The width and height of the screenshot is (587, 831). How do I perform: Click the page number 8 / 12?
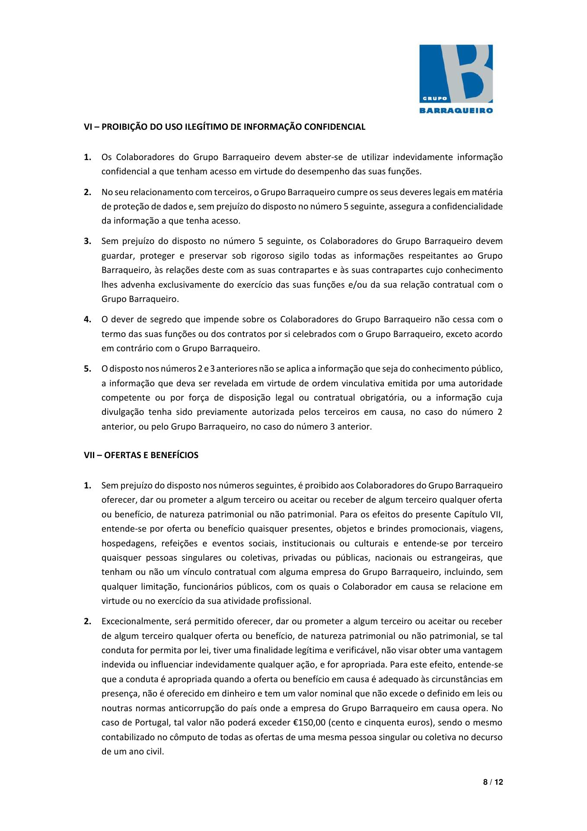pos(493,782)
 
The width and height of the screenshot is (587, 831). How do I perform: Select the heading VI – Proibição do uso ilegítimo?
pos(224,127)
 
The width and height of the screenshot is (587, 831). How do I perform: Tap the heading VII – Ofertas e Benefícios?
pos(141,455)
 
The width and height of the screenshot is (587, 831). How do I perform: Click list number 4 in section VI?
pos(87,320)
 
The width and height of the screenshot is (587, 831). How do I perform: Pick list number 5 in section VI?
pos(87,369)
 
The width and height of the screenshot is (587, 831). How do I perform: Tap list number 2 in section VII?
pos(87,622)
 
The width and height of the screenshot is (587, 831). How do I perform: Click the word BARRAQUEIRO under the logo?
pos(456,110)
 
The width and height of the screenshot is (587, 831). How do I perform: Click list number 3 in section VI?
pos(87,241)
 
